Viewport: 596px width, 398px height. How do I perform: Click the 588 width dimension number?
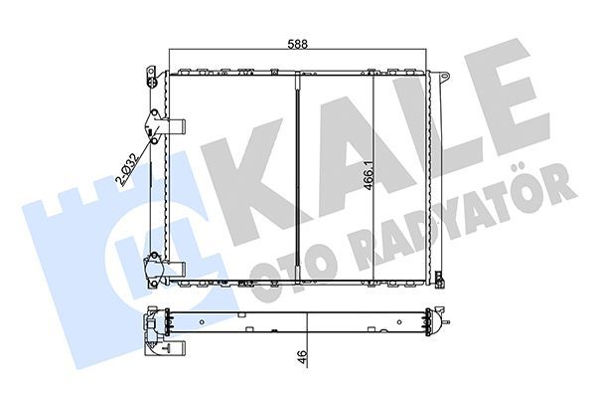click(x=298, y=42)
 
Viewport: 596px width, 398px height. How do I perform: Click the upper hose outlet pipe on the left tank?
click(x=175, y=126)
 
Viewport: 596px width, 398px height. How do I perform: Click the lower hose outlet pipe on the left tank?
click(x=175, y=267)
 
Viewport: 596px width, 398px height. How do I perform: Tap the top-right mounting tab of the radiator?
click(x=441, y=77)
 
